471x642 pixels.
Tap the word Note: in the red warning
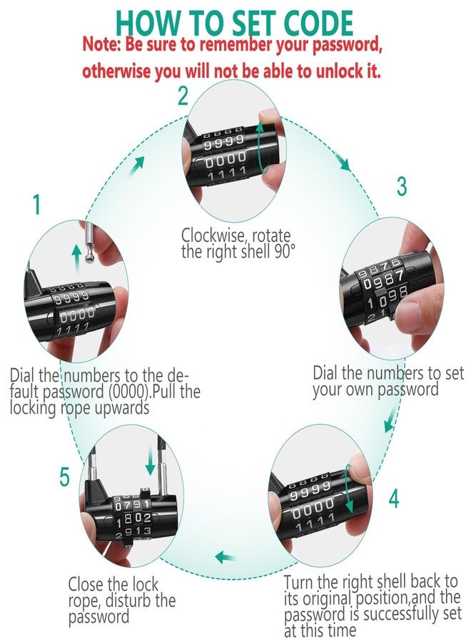pyautogui.click(x=103, y=46)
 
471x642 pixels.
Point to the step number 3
pyautogui.click(x=402, y=186)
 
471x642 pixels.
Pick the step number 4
pyautogui.click(x=393, y=498)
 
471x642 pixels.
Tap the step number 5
pyautogui.click(x=65, y=476)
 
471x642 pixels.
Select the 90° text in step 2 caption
pyautogui.click(x=278, y=252)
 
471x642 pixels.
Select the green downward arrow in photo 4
pyautogui.click(x=349, y=492)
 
